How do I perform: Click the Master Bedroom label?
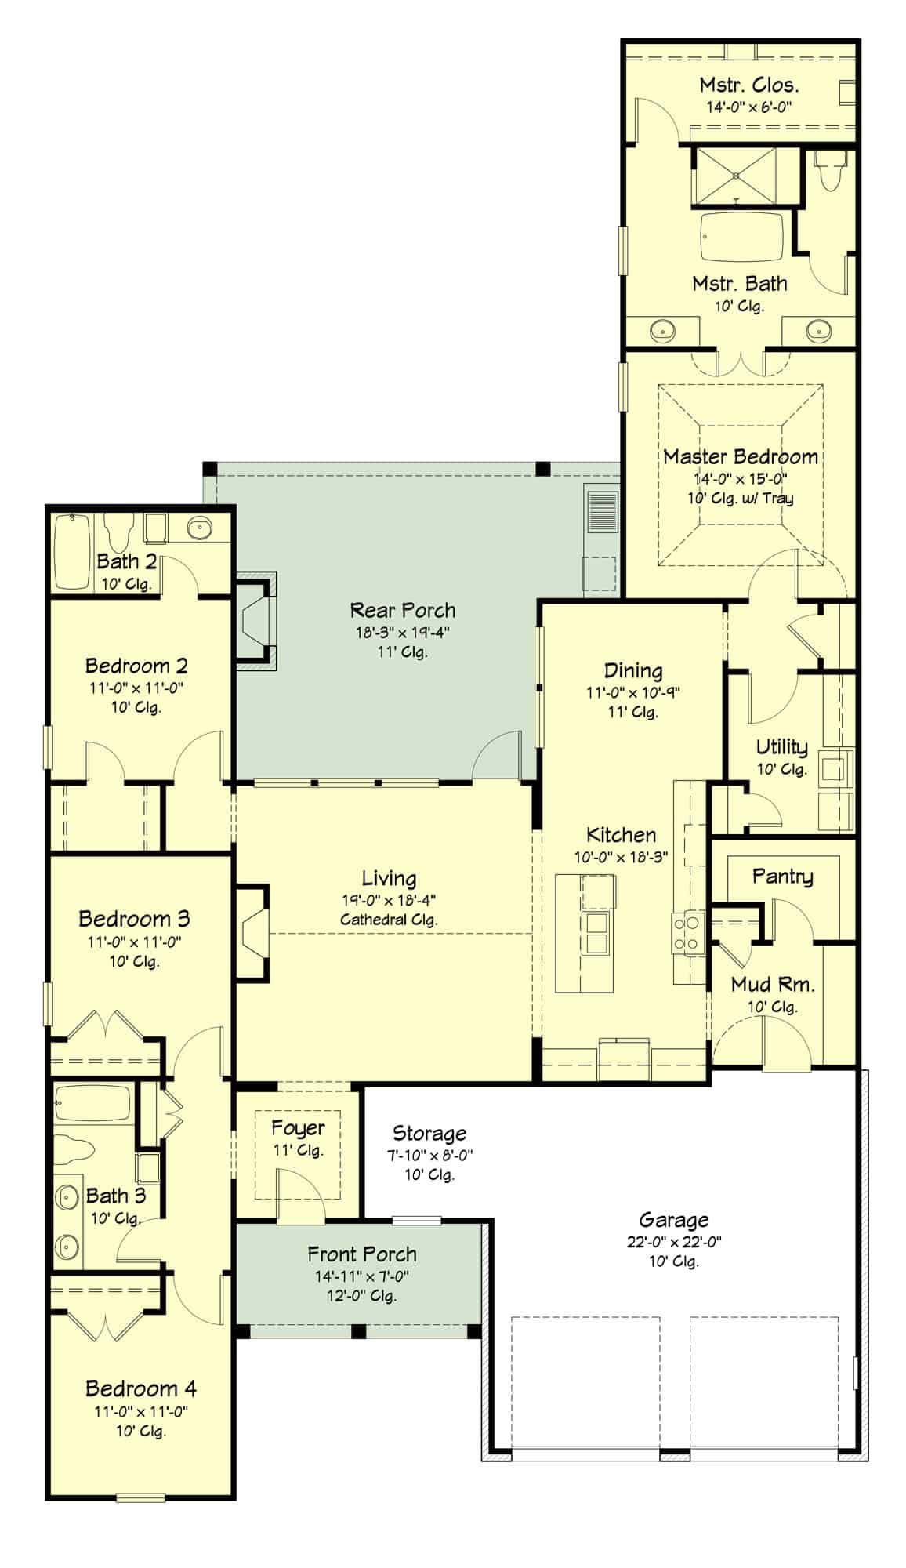740,456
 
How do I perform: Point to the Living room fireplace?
253,932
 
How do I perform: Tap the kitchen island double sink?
596,932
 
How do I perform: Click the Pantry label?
782,876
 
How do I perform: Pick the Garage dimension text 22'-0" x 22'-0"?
674,1241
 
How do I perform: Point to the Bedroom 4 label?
140,1388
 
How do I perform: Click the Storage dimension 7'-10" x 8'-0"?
429,1155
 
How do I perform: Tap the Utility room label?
781,746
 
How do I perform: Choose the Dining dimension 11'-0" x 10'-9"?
633,692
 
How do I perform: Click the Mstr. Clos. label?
748,85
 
